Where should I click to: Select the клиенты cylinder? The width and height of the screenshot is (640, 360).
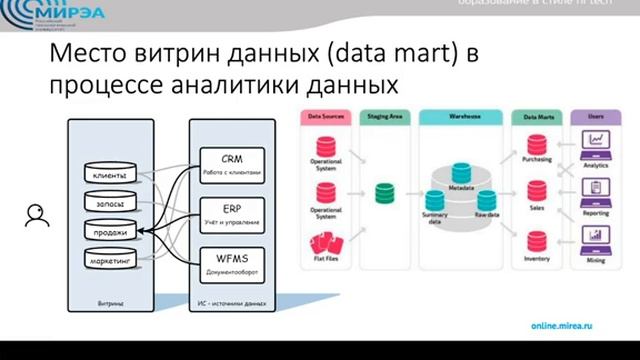click(x=109, y=177)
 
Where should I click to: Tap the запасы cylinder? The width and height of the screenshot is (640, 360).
click(x=109, y=204)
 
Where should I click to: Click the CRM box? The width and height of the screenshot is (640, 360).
click(x=232, y=164)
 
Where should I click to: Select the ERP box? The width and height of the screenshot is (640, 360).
click(x=232, y=212)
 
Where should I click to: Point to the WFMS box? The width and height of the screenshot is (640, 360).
click(x=232, y=262)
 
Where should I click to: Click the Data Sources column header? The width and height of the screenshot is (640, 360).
click(x=327, y=117)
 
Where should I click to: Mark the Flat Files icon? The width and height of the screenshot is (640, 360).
click(x=327, y=241)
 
